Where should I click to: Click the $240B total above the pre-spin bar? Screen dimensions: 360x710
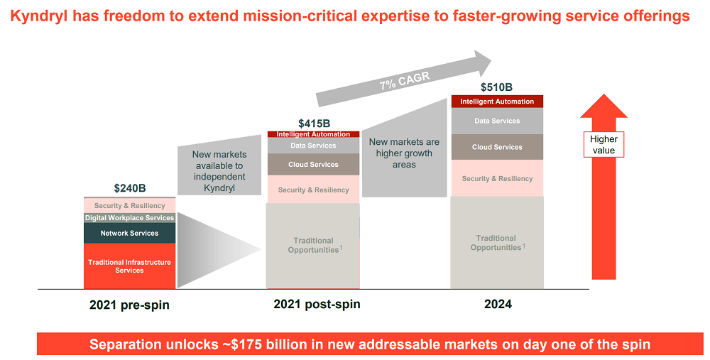[x=129, y=189]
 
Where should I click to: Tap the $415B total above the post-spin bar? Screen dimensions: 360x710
[x=313, y=124]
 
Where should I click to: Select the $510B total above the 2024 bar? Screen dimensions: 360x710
[x=496, y=87]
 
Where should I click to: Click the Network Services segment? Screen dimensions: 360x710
[x=129, y=233]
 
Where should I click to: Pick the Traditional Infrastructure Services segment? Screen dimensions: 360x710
[x=129, y=266]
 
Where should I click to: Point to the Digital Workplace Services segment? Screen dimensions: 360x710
[x=129, y=218]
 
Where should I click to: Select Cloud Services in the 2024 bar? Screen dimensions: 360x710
[x=497, y=147]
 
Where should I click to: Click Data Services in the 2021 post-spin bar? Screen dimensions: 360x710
[x=313, y=146]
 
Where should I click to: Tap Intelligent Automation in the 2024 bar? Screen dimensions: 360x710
[x=497, y=102]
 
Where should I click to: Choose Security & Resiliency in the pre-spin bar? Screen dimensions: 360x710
[x=129, y=206]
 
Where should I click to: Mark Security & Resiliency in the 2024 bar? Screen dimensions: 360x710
[x=497, y=178]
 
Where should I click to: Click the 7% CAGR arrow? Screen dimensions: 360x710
[x=405, y=78]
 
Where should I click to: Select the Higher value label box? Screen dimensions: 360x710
[x=603, y=144]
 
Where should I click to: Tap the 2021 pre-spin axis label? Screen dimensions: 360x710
[x=129, y=305]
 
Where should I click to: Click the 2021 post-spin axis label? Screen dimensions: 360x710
[x=317, y=304]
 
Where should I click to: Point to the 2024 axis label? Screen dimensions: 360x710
[x=498, y=304]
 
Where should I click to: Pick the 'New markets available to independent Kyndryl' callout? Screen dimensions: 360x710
[x=219, y=171]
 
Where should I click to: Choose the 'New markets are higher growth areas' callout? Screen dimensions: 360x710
[x=404, y=153]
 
